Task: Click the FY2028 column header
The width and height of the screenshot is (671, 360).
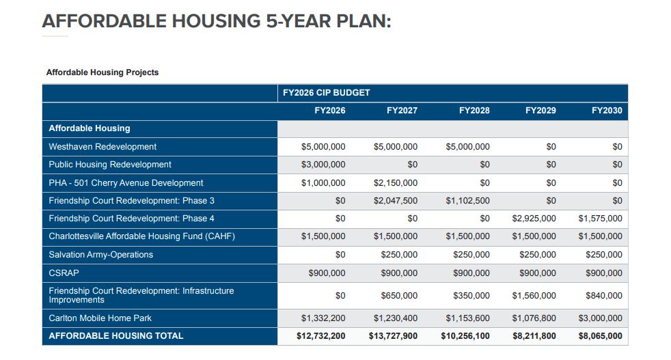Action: (474, 111)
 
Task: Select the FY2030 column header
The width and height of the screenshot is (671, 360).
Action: (607, 111)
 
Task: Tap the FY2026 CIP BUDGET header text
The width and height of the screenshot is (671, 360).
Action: (326, 92)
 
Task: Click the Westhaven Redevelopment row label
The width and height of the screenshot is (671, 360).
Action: (102, 146)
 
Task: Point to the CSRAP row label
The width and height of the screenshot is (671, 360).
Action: (64, 273)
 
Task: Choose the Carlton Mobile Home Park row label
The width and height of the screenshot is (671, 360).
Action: (100, 318)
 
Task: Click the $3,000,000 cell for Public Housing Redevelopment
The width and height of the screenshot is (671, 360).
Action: (323, 165)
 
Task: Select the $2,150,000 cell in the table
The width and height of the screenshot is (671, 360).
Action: (396, 183)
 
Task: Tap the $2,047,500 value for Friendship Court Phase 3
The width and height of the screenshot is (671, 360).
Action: (396, 200)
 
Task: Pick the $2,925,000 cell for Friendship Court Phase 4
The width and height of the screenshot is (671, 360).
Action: (534, 219)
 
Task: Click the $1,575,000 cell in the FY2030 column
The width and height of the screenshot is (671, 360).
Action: (601, 219)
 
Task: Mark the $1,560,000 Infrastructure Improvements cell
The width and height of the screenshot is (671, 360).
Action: (534, 295)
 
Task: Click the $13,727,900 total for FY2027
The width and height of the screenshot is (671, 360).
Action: (393, 336)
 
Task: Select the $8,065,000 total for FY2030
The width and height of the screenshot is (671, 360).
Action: (601, 336)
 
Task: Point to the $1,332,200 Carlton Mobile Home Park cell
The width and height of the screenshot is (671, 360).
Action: (323, 318)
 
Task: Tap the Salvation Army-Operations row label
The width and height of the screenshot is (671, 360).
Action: (100, 254)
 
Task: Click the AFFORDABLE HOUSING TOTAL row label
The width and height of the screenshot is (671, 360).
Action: (116, 335)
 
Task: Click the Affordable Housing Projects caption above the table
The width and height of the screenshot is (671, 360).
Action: (102, 72)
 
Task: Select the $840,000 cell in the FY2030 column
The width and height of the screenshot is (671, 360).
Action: (604, 295)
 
